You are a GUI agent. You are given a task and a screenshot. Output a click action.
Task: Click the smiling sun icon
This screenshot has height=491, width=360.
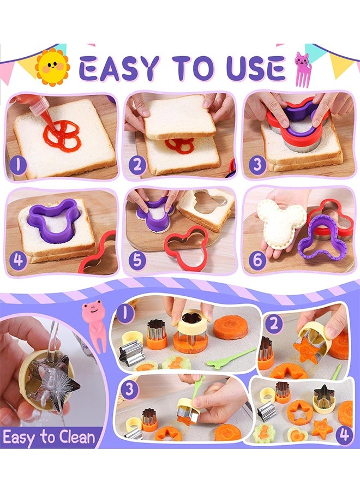52,67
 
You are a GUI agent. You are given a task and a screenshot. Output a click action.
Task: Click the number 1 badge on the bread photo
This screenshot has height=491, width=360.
17,164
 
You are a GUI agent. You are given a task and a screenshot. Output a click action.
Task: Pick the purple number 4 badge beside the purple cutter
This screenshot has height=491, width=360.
19,260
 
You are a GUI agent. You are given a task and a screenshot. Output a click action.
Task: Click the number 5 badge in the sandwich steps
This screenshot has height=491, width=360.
136,260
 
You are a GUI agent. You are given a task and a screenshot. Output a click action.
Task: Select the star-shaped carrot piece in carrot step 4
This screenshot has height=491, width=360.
322,427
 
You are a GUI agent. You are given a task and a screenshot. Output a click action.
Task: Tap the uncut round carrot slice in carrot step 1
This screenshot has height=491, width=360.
231,327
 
